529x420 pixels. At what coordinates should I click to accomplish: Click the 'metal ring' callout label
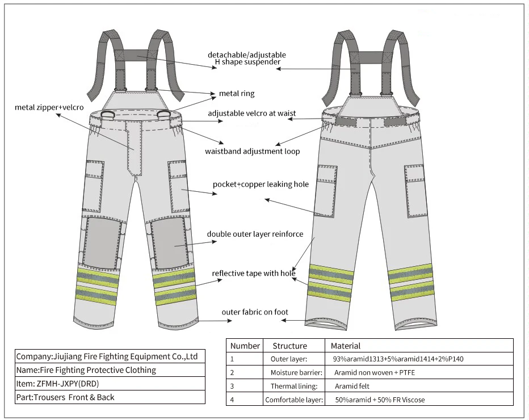[237, 94]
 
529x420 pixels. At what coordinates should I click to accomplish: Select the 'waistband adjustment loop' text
[252, 152]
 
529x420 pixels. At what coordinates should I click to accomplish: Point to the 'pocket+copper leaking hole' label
[261, 184]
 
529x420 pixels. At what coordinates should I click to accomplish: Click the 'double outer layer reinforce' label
[255, 234]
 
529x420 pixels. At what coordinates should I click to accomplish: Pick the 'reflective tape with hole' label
[254, 274]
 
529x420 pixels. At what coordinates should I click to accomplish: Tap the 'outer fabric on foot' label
[255, 312]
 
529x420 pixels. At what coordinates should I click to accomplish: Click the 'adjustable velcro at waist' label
[251, 114]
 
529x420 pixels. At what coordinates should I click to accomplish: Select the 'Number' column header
[245, 346]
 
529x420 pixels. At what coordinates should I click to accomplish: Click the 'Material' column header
[346, 346]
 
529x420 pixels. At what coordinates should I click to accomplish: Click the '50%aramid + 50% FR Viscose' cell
[380, 400]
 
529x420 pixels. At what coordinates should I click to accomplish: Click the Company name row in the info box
[107, 356]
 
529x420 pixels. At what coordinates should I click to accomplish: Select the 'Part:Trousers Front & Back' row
[65, 397]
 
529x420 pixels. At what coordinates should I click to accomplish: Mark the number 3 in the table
[232, 386]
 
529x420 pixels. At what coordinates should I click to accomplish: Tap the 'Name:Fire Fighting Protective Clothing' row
[86, 370]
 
